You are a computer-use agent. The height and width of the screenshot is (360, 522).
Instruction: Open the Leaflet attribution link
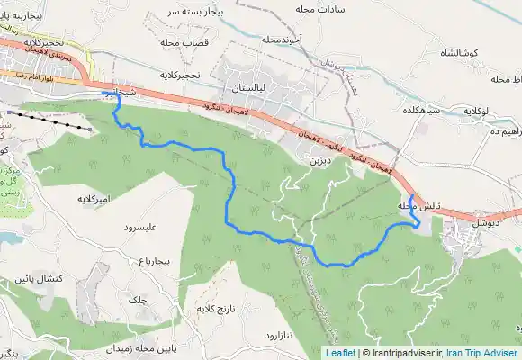tap(339, 353)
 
